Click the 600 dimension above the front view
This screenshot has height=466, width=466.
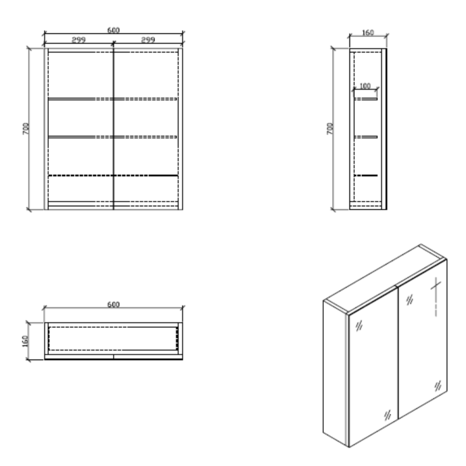[113, 30]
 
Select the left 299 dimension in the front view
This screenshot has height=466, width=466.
[79, 40]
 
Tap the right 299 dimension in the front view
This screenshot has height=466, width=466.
[148, 40]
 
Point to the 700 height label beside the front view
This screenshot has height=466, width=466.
[26, 129]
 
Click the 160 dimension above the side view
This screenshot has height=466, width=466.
[368, 33]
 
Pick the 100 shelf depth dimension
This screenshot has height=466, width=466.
[365, 86]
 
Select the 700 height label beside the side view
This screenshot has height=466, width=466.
[330, 129]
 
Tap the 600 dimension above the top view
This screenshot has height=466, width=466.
[113, 305]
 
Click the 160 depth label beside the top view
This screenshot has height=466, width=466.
[25, 341]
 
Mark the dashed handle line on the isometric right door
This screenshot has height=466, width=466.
[436, 297]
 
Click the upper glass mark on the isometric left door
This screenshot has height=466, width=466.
[359, 326]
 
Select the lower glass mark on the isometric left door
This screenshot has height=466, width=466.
[387, 415]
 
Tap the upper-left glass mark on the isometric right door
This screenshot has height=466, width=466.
[410, 299]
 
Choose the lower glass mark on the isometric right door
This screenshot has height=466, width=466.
[438, 386]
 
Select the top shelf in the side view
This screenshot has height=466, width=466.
[366, 98]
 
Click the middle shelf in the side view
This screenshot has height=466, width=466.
[366, 137]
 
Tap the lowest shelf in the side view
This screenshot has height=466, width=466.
[366, 175]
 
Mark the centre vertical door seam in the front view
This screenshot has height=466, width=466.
[113, 129]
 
